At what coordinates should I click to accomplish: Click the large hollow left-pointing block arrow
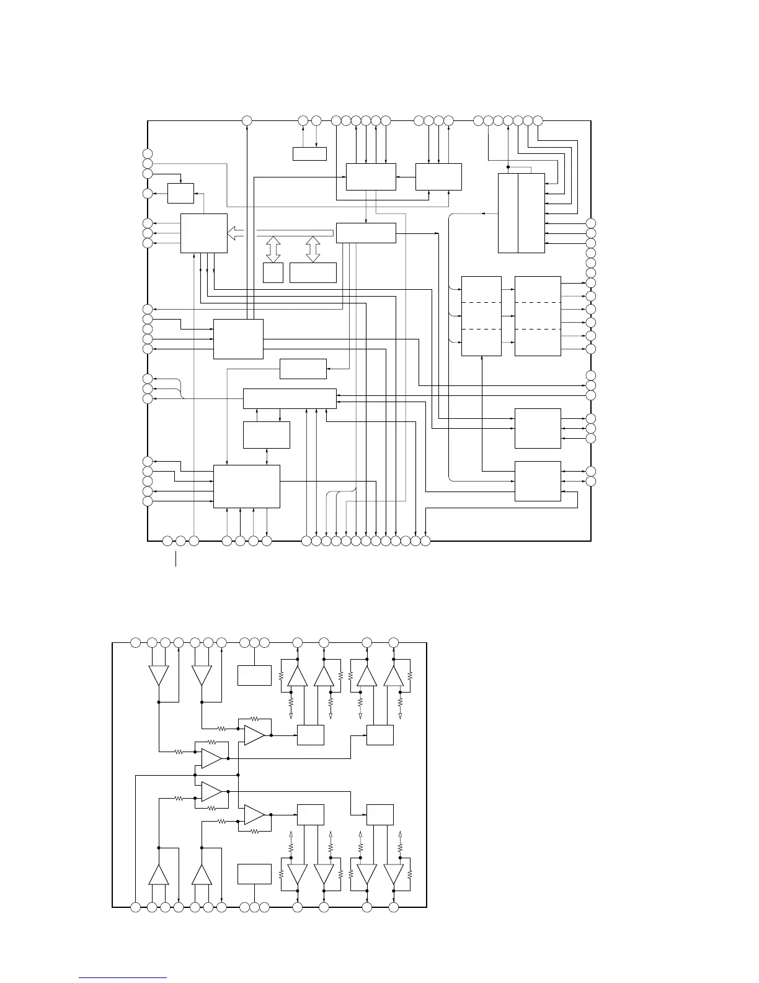(236, 233)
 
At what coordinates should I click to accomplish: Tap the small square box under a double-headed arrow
(273, 272)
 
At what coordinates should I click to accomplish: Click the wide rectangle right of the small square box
(313, 272)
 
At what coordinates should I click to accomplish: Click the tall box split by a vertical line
(522, 213)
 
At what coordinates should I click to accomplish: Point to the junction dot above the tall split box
(508, 167)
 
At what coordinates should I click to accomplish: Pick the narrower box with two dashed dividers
(482, 316)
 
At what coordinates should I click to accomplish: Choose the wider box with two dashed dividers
(538, 316)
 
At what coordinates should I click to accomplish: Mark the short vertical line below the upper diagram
(175, 558)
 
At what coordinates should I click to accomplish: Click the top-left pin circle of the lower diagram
(136, 642)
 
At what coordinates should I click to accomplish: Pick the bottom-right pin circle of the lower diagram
(393, 907)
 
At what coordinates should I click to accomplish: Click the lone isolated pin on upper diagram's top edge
(247, 120)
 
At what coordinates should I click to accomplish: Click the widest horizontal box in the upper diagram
(290, 398)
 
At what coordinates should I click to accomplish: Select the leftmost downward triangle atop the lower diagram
(159, 675)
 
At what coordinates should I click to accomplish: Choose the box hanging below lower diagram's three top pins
(254, 675)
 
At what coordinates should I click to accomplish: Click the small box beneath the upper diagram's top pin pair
(309, 153)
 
